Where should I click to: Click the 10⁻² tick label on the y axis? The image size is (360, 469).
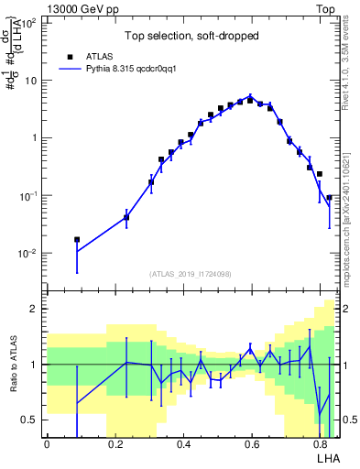(x=29, y=254)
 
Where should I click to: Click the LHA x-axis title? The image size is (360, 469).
(x=327, y=458)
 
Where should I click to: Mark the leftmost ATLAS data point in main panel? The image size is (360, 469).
(x=77, y=240)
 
